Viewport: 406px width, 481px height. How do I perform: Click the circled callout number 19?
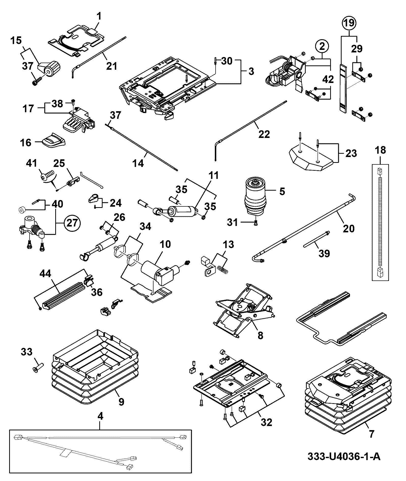349,23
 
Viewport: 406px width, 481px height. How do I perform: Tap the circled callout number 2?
322,46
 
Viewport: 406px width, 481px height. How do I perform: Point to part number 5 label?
282,191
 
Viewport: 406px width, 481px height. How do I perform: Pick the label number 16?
25,143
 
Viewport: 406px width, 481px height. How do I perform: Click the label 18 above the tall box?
380,150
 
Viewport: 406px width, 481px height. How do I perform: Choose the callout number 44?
45,274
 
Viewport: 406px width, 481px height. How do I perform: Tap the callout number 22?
264,134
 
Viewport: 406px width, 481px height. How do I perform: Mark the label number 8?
260,335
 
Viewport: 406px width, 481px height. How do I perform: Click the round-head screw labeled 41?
48,176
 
